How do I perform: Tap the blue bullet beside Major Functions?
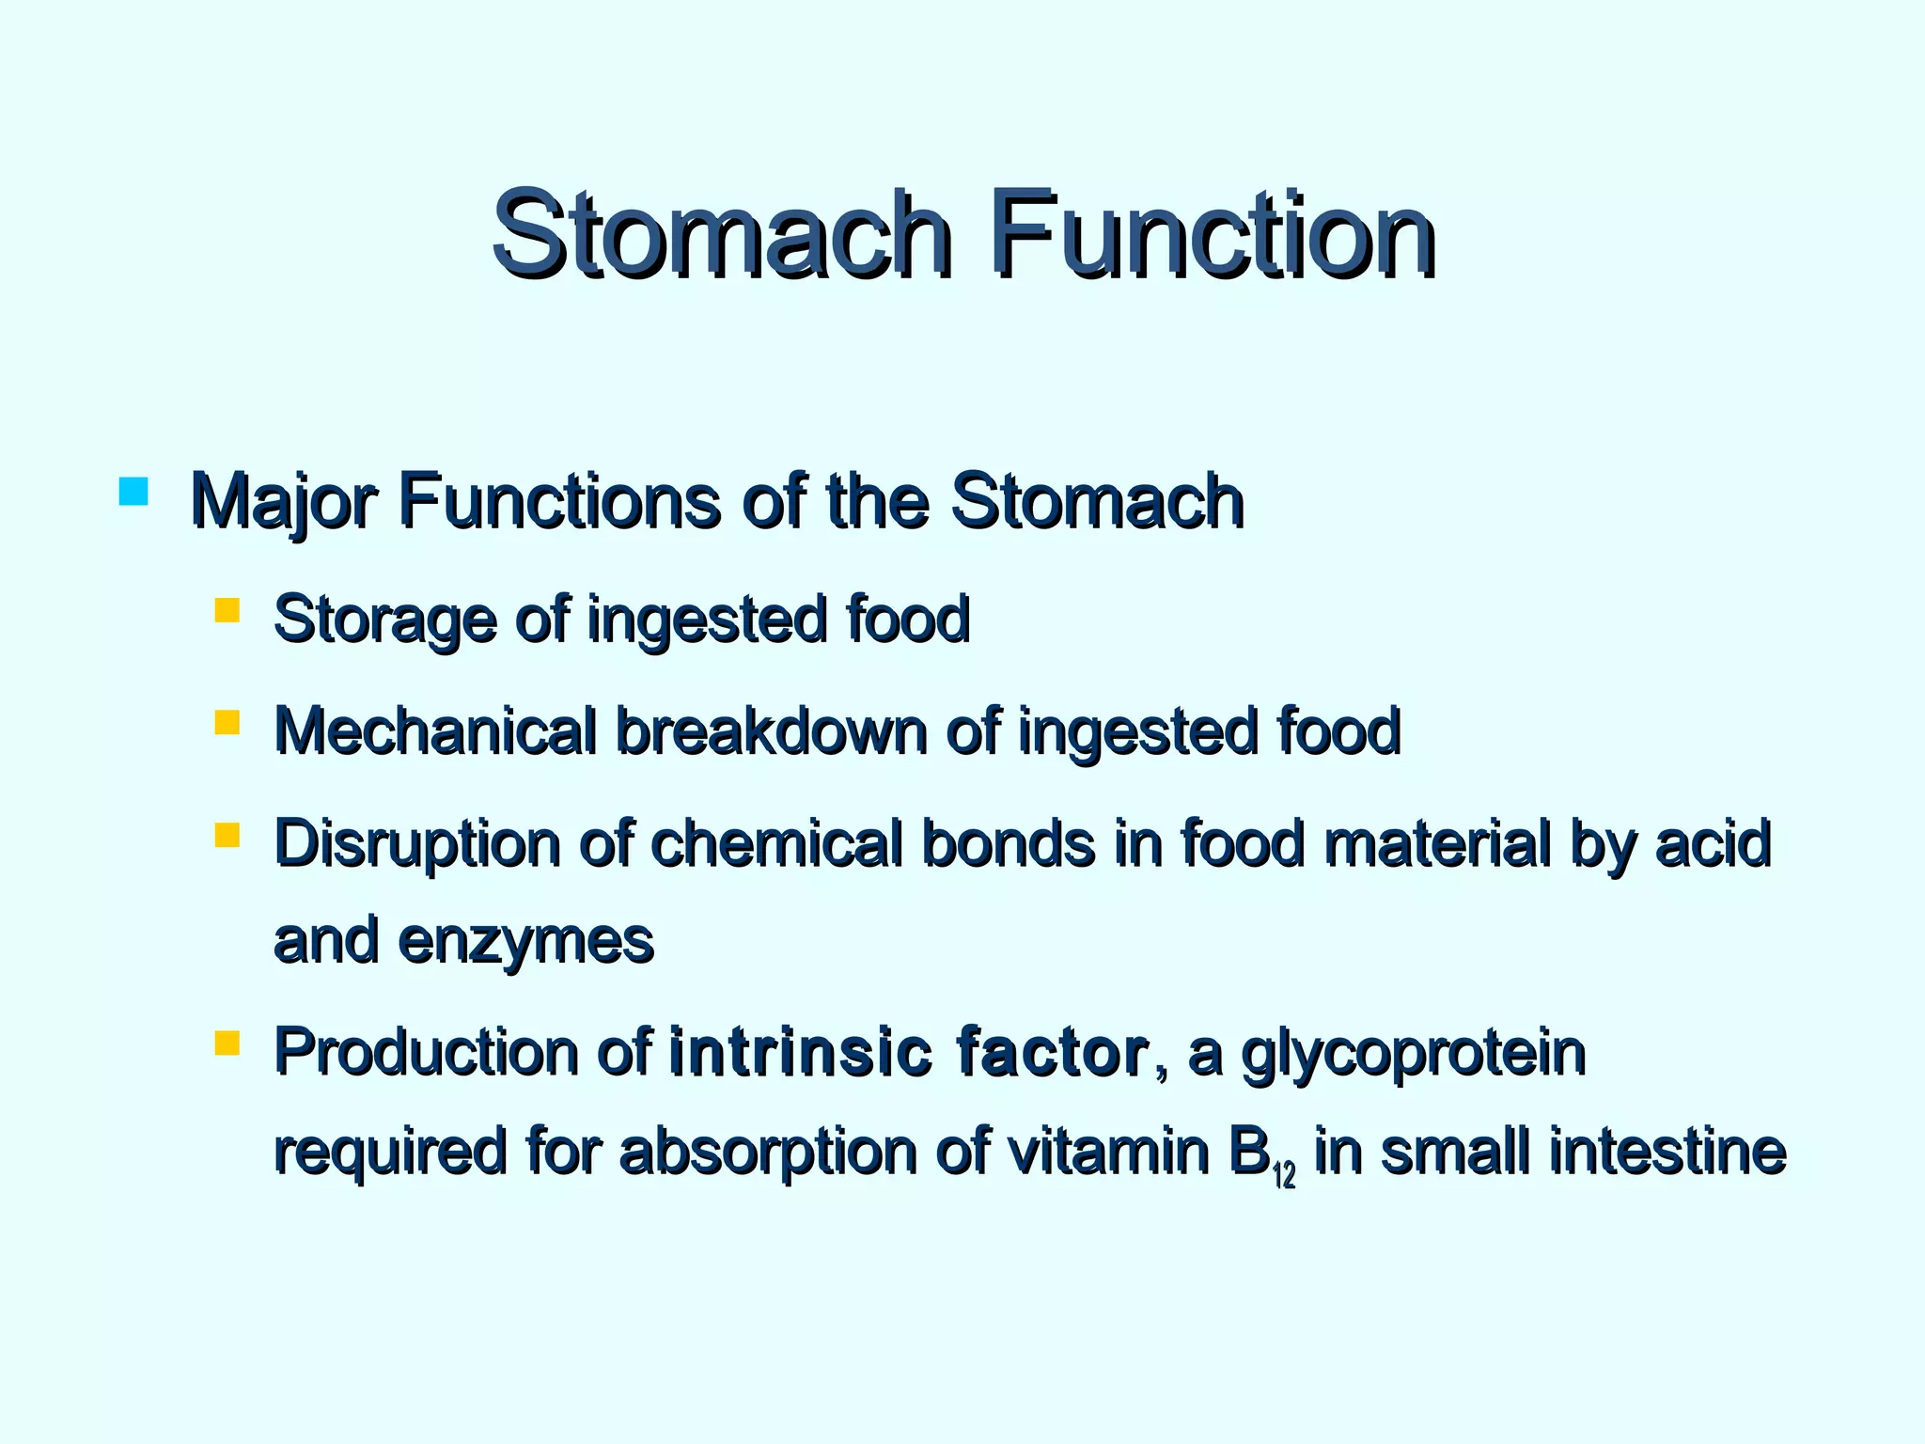pos(133,492)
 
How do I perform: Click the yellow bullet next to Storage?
pos(227,612)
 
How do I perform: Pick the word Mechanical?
pos(435,730)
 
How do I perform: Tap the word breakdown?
pos(771,730)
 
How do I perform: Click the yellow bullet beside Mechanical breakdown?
pos(227,723)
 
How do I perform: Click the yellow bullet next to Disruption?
pos(227,835)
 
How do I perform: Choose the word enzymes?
pos(525,941)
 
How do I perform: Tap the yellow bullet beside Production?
pos(227,1044)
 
